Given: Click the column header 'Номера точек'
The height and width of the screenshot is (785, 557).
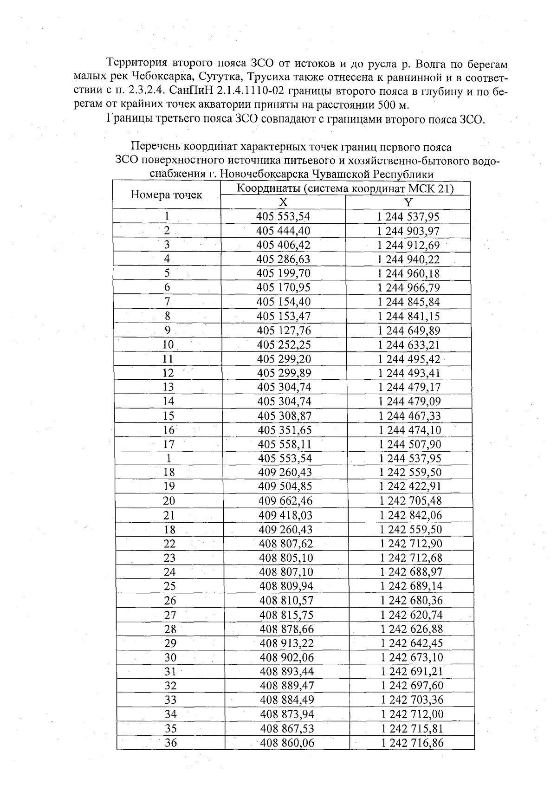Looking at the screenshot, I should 166,195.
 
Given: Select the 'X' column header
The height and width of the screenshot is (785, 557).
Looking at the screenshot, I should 283,202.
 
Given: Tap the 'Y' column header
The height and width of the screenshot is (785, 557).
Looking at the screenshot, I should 408,202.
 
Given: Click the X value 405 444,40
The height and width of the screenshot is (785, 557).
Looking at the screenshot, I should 283,231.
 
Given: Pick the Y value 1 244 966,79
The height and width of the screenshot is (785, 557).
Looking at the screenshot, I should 409,287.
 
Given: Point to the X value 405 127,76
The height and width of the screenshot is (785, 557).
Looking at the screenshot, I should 284,331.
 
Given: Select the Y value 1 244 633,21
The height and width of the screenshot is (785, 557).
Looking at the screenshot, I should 409,345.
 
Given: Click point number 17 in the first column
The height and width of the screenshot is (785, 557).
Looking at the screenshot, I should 168,444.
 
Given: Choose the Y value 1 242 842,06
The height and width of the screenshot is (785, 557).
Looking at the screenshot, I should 411,515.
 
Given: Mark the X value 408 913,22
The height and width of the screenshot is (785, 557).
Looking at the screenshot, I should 287,643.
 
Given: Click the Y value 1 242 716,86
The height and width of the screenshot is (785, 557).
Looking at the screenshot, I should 412,743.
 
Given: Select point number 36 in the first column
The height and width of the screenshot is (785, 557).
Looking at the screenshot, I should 171,743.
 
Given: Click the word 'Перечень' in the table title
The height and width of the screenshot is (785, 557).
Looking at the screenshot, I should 155,147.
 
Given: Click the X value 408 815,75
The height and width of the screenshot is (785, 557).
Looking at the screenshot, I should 286,615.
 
